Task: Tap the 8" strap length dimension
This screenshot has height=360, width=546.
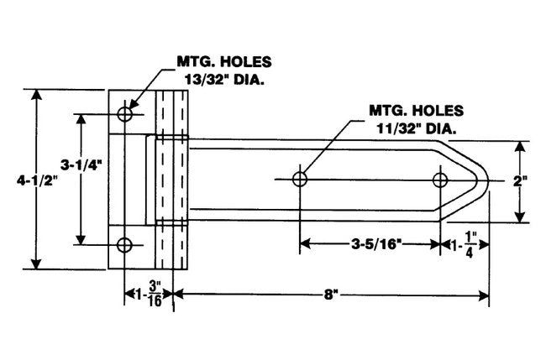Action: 333,295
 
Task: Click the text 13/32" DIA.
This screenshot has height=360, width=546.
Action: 223,82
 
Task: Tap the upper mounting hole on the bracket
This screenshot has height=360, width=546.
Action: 125,113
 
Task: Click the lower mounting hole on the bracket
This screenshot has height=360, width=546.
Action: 125,245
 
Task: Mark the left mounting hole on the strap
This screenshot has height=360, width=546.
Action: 300,179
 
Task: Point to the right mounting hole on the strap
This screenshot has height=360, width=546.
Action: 440,179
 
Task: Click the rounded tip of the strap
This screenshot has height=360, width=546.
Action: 486,180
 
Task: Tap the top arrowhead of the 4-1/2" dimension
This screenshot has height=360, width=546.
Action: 35,91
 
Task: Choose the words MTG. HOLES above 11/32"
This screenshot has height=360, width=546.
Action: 416,110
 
